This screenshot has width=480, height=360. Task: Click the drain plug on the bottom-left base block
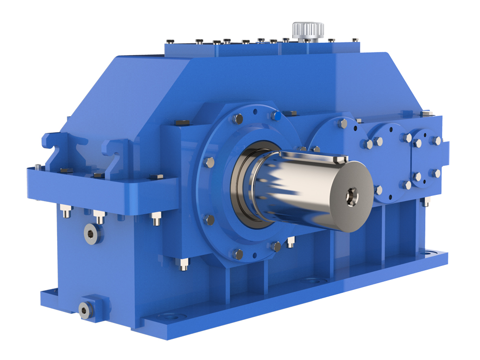click(85, 311)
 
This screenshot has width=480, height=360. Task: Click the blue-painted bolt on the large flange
click(276, 115)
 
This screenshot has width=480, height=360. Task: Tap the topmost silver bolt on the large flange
click(238, 119)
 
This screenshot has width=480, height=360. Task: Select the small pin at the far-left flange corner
click(37, 167)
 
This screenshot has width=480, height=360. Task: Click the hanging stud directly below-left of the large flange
click(183, 264)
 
